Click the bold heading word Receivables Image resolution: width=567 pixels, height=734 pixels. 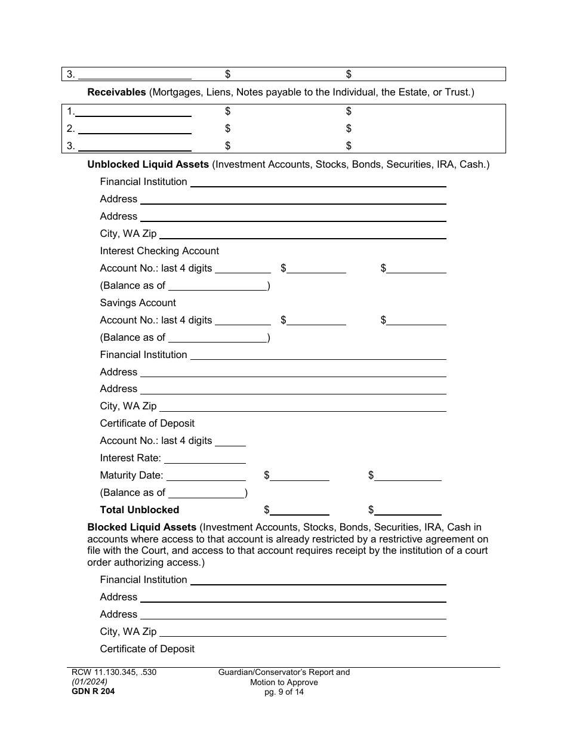tap(116, 92)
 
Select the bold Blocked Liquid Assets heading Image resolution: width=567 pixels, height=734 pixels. tap(141, 528)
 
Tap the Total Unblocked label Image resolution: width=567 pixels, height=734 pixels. tap(139, 510)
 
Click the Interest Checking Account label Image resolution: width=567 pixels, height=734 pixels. tap(159, 251)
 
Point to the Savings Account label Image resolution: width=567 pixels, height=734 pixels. tap(138, 303)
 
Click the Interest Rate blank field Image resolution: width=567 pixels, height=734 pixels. tap(205, 458)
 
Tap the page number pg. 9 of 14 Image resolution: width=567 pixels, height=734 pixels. tap(284, 692)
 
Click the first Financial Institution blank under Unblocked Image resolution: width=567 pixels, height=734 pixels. tap(318, 182)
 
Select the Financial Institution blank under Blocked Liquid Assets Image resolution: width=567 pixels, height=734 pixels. tap(318, 580)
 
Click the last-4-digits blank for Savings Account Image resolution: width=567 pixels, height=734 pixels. tap(242, 320)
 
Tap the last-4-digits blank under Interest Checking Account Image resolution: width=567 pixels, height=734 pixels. tap(242, 269)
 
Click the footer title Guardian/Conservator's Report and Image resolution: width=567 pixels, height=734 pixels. tap(284, 673)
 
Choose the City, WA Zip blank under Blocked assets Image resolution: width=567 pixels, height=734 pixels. tap(303, 632)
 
